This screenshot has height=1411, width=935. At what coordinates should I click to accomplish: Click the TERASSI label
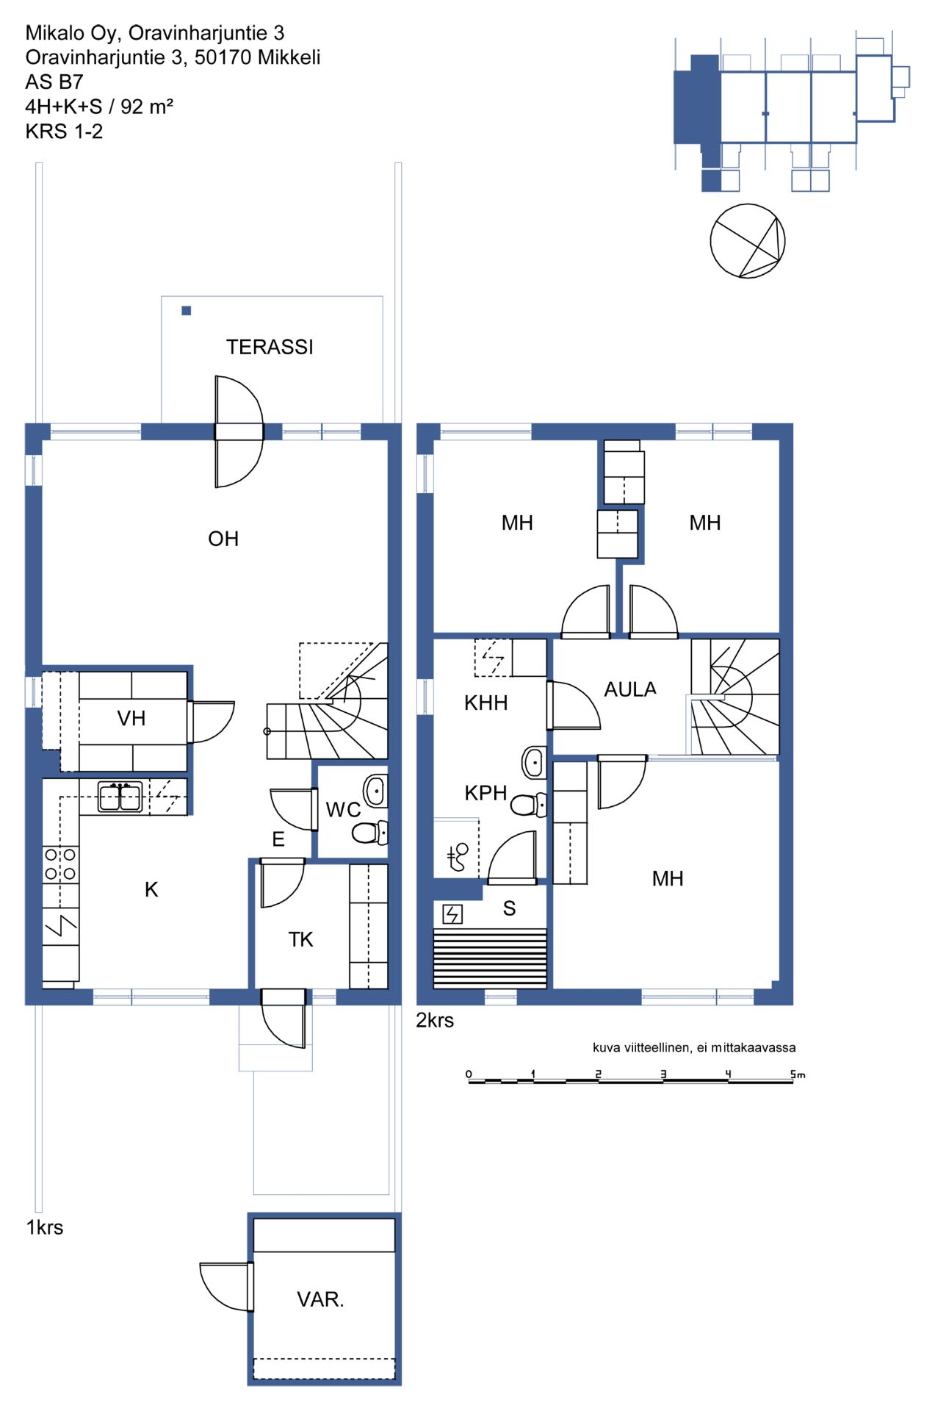tap(270, 347)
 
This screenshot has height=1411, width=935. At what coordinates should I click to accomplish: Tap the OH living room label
tap(223, 539)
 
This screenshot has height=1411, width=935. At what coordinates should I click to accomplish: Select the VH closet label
tap(131, 718)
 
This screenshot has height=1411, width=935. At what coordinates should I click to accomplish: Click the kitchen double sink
tap(120, 797)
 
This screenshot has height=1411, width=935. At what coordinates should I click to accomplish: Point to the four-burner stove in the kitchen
tap(60, 864)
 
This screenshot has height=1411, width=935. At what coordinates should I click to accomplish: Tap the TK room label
tap(300, 939)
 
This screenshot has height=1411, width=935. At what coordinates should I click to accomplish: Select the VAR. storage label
tap(320, 1299)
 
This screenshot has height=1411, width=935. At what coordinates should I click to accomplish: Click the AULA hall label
tap(630, 689)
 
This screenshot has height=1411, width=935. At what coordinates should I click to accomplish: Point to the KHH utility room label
tap(485, 703)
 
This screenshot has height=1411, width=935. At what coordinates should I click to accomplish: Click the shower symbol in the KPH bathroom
tap(457, 857)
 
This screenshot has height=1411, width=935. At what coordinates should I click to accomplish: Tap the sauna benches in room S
tap(490, 958)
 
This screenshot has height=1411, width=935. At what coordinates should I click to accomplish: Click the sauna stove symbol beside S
tap(452, 914)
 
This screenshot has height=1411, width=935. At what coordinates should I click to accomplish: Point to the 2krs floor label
tap(435, 1020)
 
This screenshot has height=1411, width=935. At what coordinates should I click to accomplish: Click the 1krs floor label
tap(45, 1227)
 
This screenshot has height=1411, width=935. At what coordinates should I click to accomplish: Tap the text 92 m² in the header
tap(147, 107)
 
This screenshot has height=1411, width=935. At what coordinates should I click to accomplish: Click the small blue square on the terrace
tap(187, 311)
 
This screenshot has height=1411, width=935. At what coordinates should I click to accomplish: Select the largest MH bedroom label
tap(668, 878)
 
